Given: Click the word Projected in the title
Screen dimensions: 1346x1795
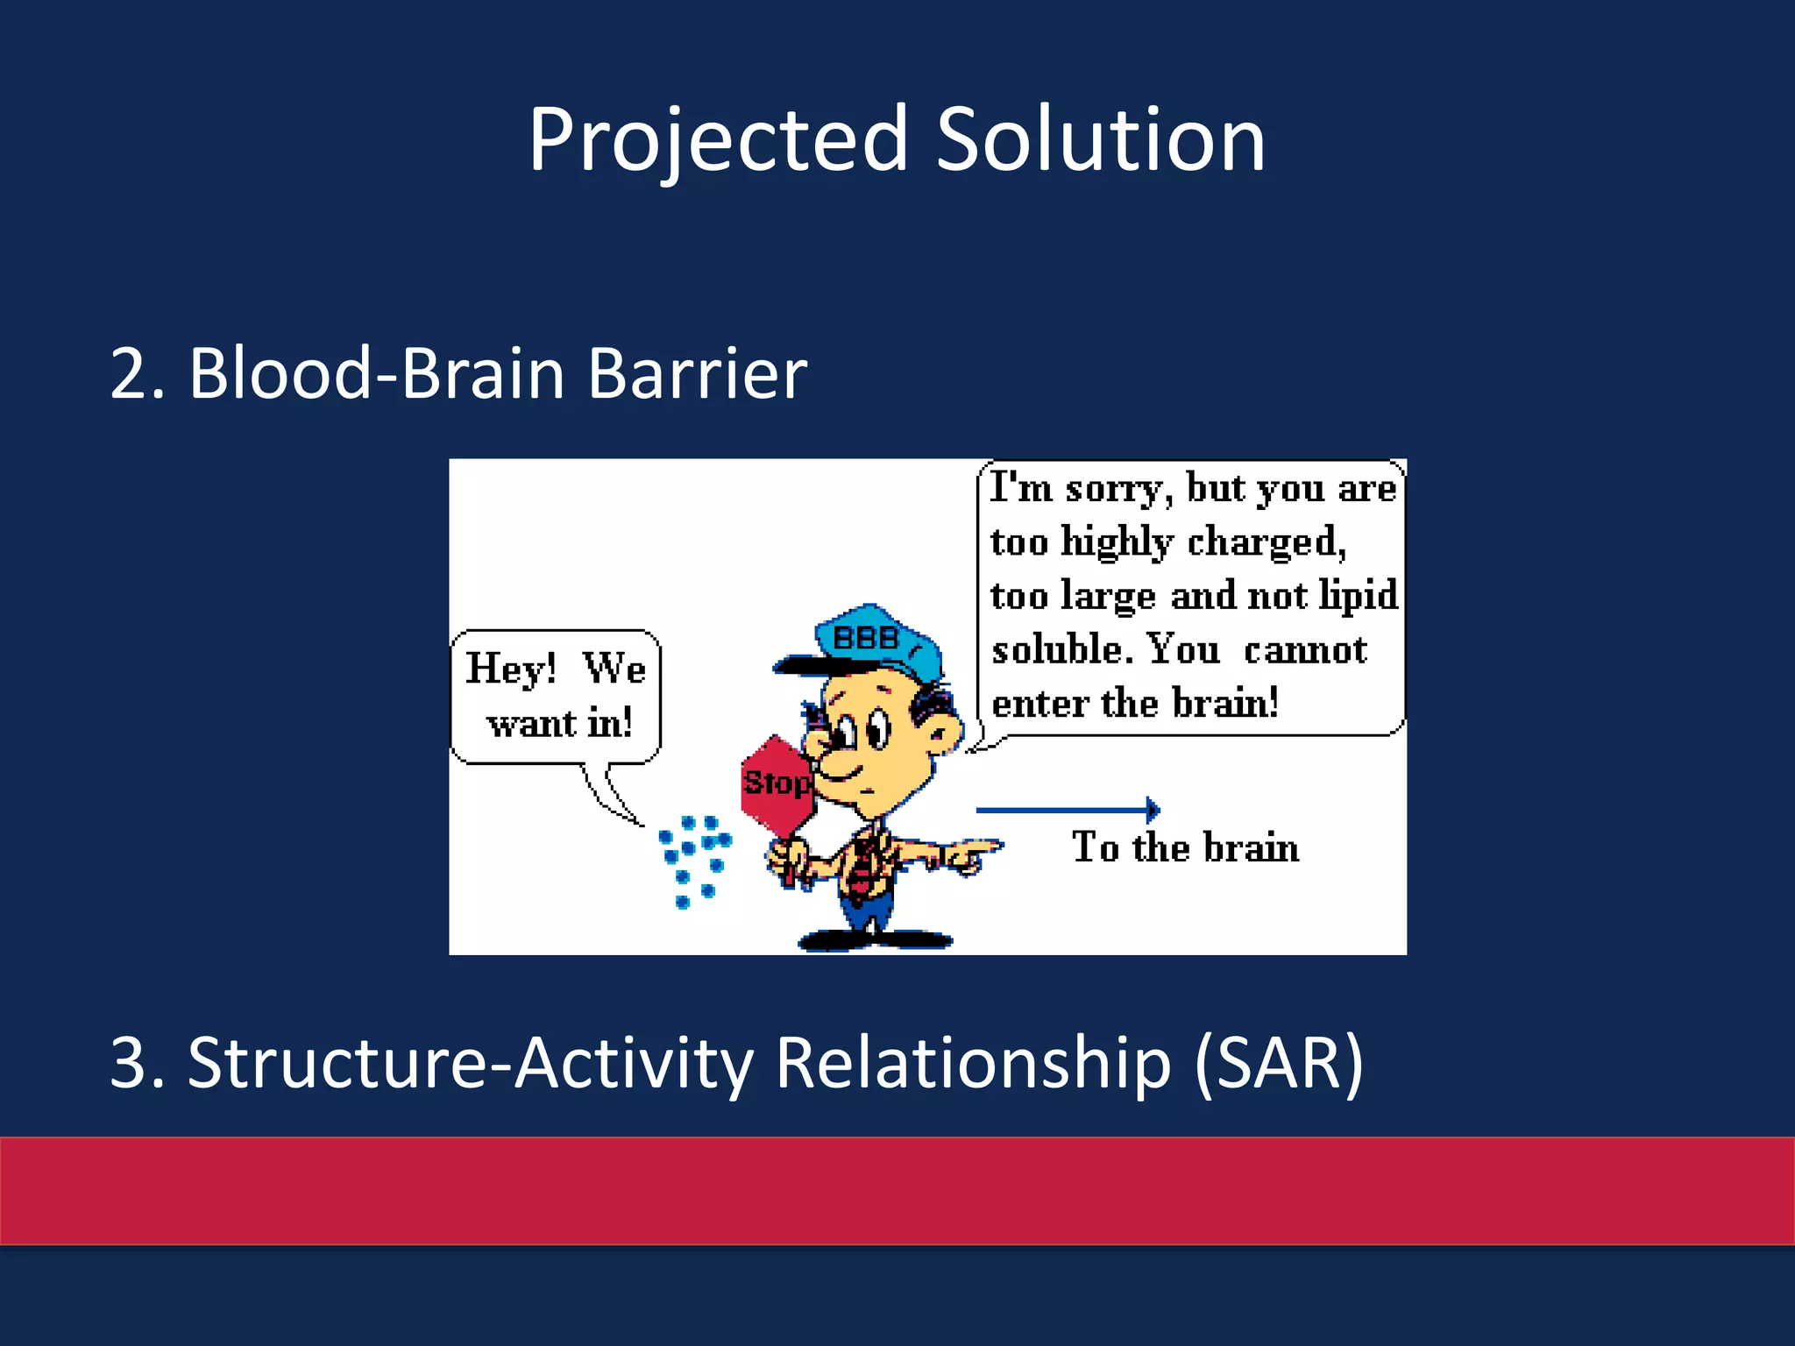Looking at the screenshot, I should (x=717, y=140).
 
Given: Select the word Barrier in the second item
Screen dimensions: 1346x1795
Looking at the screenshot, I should (x=697, y=374).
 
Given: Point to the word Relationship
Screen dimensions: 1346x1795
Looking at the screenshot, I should (x=973, y=1063).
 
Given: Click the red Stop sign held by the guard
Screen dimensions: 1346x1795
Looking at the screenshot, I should (x=775, y=783).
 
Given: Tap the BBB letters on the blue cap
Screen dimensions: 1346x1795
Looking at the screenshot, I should (x=866, y=637).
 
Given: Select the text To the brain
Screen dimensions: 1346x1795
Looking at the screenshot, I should (x=1185, y=847).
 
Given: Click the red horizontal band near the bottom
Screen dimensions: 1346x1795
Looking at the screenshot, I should (x=897, y=1190).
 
